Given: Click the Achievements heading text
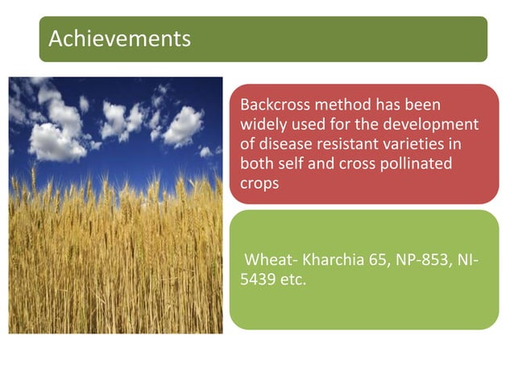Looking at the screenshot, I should (x=119, y=38).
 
